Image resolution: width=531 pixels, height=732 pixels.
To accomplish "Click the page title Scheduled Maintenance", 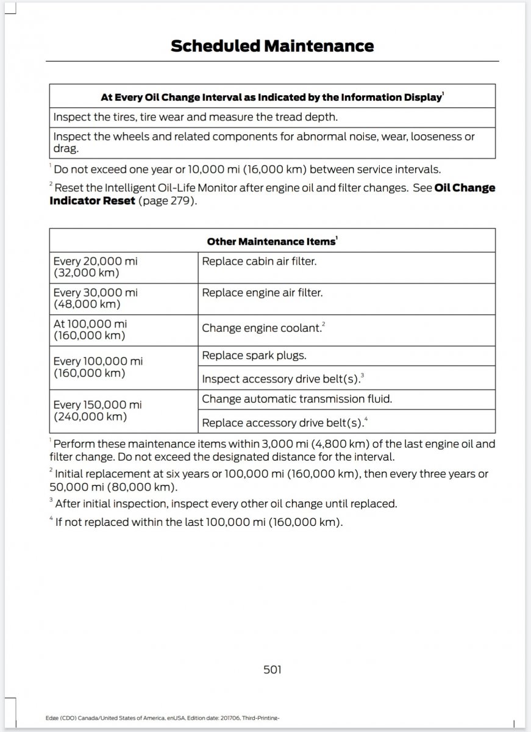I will (x=272, y=46).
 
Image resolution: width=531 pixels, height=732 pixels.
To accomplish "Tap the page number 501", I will (x=273, y=670).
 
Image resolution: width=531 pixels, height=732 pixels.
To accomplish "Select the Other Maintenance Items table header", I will (x=272, y=242).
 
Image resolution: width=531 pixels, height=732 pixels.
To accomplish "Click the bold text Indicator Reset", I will (x=92, y=200).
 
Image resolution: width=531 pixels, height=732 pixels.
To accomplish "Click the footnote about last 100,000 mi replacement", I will (x=198, y=522).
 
